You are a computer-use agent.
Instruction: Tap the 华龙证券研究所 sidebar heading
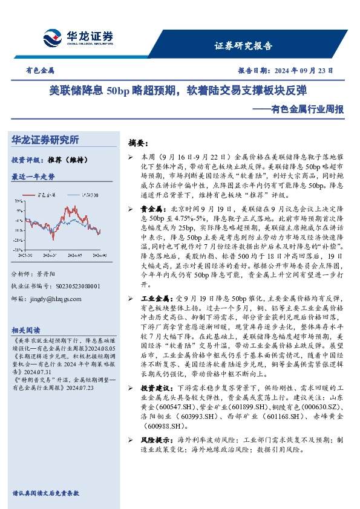[x=45, y=140]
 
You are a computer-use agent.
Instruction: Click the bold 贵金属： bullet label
[x=152, y=208]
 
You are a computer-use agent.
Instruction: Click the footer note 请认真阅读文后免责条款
[x=45, y=493]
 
